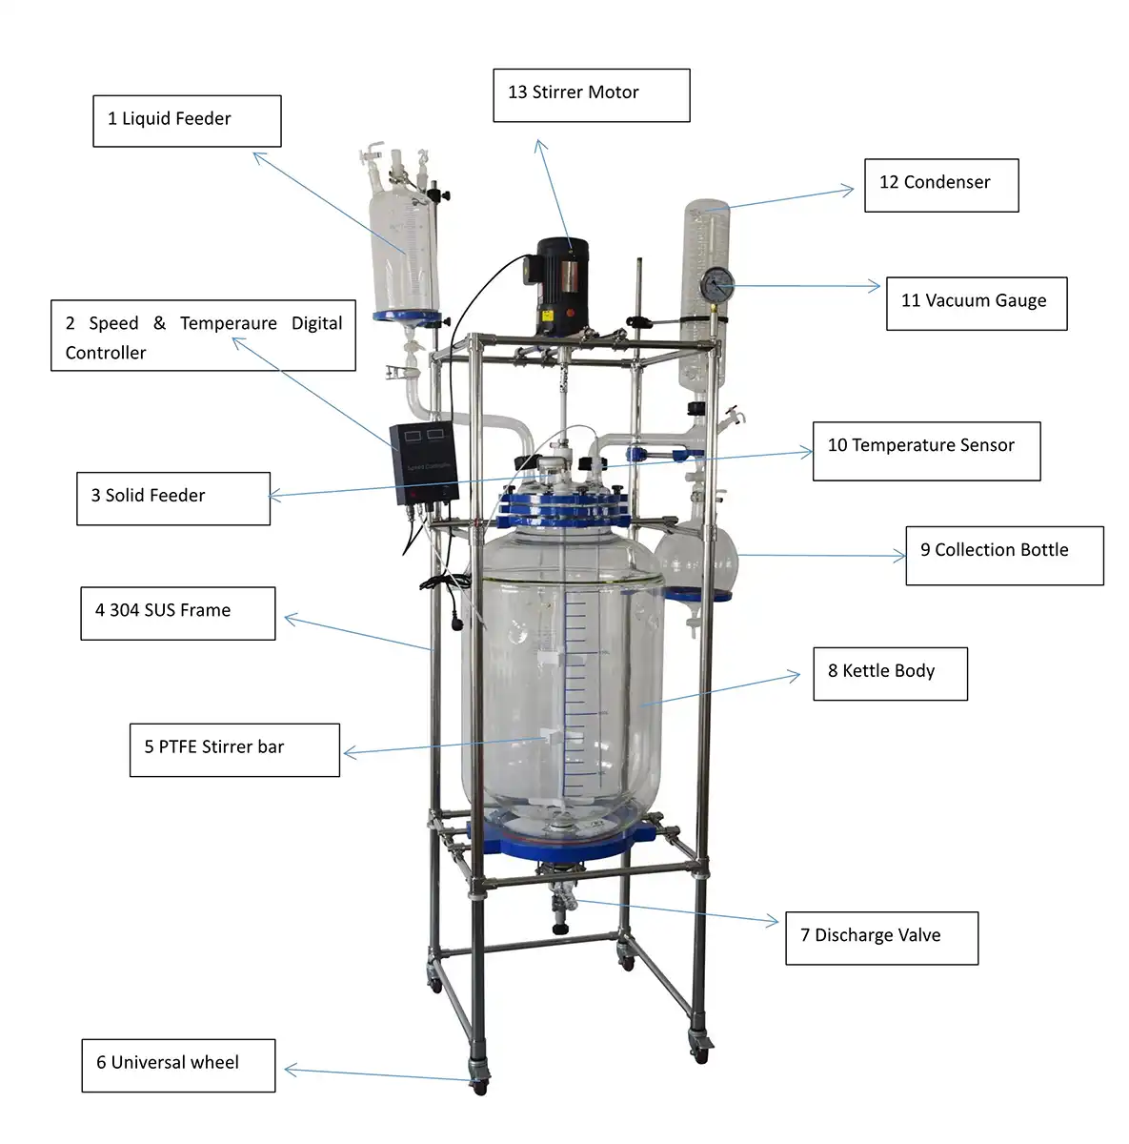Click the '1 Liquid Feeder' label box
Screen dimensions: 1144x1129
click(187, 121)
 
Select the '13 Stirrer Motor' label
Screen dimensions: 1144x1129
click(591, 94)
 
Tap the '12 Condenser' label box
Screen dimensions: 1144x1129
click(940, 185)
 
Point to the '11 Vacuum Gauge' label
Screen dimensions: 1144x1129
click(976, 303)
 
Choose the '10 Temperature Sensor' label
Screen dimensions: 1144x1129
click(925, 450)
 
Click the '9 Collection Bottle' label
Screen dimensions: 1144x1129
click(1003, 555)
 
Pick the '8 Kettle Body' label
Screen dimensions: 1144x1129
click(889, 673)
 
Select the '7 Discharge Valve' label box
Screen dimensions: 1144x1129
click(880, 938)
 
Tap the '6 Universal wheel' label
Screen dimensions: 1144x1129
click(178, 1065)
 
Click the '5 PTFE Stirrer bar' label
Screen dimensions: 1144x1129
click(234, 749)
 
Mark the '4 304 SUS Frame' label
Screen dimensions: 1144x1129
click(177, 613)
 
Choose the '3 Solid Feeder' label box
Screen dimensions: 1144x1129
click(172, 498)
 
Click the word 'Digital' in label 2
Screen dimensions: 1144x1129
click(316, 323)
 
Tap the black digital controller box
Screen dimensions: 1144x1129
click(425, 462)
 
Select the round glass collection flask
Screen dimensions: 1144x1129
click(701, 558)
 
